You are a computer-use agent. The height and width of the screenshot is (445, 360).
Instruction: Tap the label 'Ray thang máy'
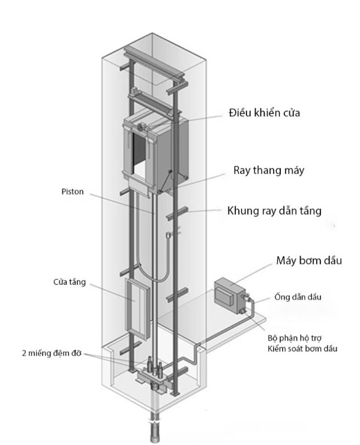tap(269, 170)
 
